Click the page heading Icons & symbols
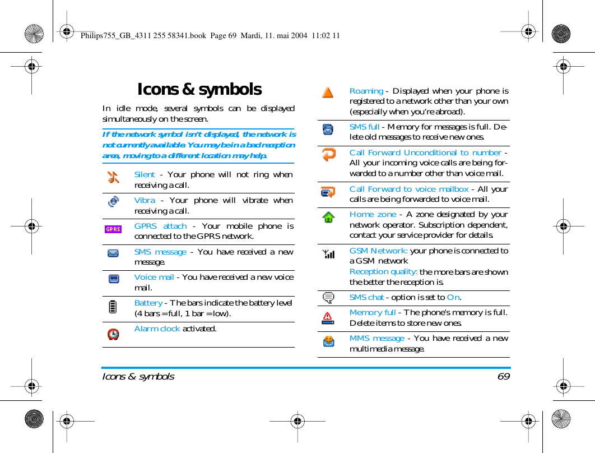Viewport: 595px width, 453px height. point(199,90)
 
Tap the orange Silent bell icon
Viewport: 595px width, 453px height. point(113,177)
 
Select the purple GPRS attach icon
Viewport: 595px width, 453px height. point(113,229)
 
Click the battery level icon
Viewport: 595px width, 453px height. point(113,307)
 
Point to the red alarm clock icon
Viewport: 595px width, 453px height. point(113,334)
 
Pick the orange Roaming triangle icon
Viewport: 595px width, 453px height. point(328,93)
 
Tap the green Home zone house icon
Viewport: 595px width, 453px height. point(328,217)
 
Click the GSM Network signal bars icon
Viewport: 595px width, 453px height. point(329,254)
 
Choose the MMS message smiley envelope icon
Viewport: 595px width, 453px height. point(329,341)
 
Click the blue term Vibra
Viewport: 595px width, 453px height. point(145,200)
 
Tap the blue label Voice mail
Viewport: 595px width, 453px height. point(154,277)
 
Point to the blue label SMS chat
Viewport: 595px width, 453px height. point(366,297)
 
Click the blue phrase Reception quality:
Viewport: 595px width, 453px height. point(384,272)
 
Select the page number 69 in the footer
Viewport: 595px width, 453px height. point(504,376)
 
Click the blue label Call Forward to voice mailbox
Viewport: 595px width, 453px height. point(409,189)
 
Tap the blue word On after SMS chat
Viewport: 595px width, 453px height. point(453,297)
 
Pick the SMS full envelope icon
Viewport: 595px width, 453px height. point(328,130)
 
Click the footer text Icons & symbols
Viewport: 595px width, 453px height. point(138,376)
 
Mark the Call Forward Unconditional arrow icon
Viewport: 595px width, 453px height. point(329,155)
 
